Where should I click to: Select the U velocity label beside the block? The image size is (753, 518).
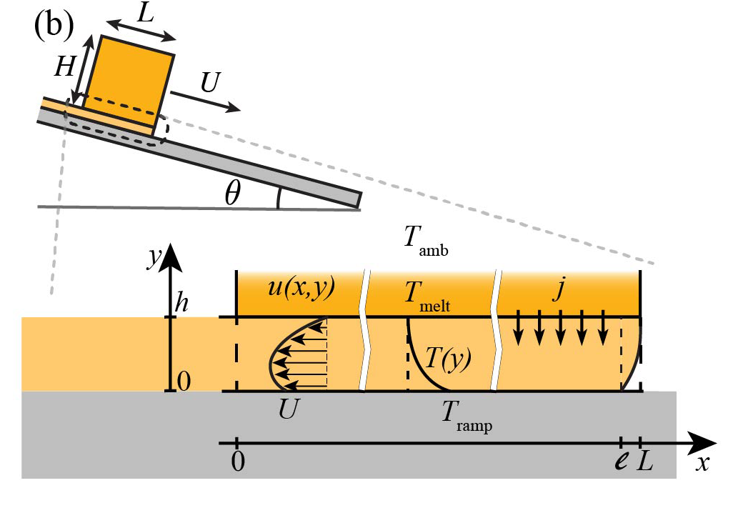(x=209, y=84)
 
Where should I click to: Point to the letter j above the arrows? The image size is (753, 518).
(x=559, y=289)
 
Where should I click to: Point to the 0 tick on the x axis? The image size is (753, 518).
(x=237, y=463)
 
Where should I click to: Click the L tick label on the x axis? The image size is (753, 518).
(x=647, y=462)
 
